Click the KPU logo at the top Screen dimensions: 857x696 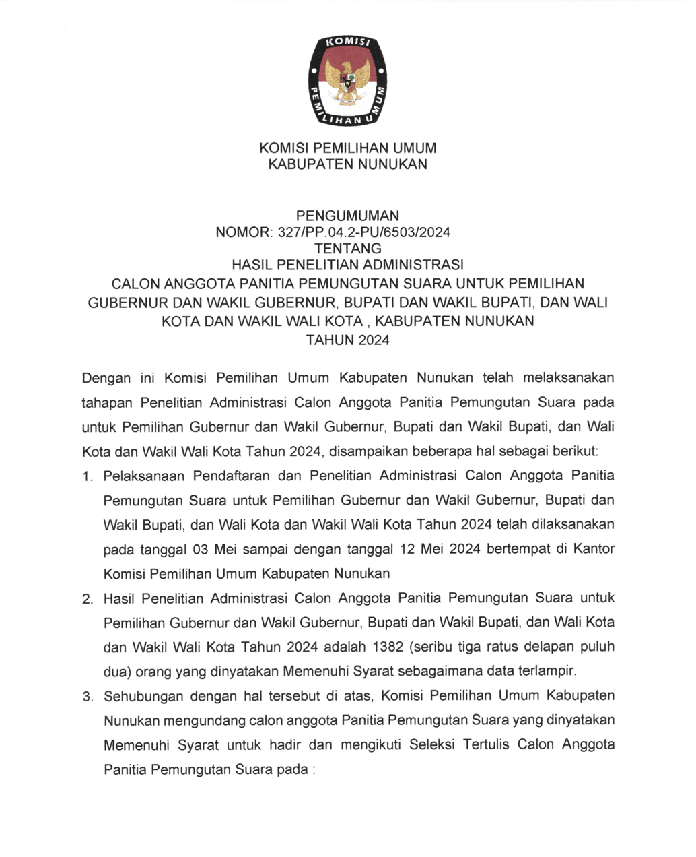[347, 81]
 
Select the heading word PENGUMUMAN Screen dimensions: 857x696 [347, 216]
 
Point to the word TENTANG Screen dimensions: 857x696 [347, 249]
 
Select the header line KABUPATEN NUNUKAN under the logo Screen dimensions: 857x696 [347, 164]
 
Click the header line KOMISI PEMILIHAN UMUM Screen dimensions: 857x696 [347, 148]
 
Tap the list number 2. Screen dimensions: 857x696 [86, 599]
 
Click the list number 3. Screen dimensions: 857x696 [86, 697]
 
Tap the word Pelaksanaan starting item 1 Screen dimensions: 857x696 [143, 476]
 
